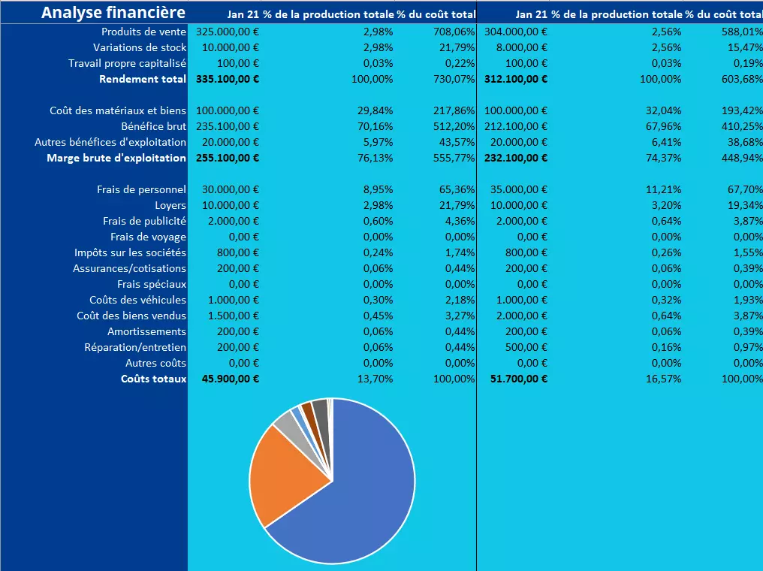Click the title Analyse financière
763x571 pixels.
coord(113,13)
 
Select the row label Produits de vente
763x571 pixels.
coord(143,32)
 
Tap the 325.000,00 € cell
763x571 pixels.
coord(228,32)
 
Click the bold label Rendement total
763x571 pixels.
coord(142,79)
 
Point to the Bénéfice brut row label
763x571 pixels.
coord(153,126)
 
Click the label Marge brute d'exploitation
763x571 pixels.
coord(116,158)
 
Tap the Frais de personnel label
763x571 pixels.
coord(141,190)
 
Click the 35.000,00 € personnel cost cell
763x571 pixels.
coord(522,190)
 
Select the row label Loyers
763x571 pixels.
coord(170,205)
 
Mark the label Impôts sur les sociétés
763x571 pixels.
coord(130,252)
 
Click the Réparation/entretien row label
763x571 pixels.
coord(135,347)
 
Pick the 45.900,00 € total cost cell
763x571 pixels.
coord(231,379)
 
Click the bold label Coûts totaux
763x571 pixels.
coord(153,379)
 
